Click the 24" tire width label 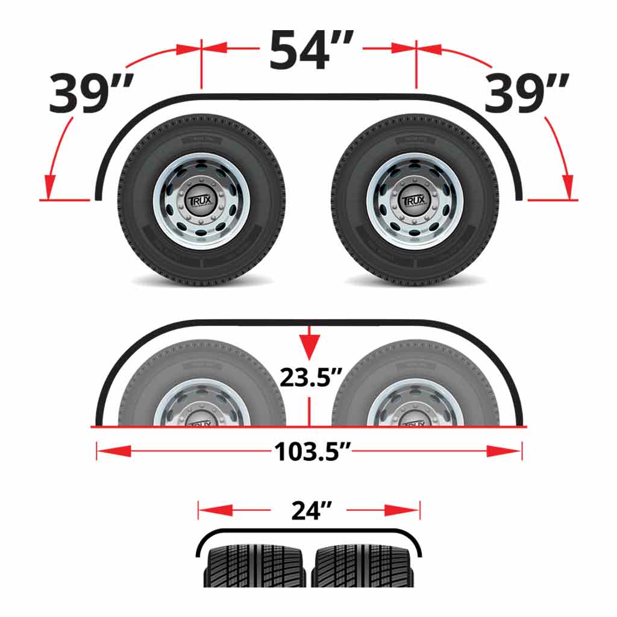point(308,510)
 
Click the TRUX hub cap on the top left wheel point(201,200)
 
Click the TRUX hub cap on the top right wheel point(415,200)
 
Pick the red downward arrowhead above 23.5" point(308,346)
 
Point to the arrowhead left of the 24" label point(215,510)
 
